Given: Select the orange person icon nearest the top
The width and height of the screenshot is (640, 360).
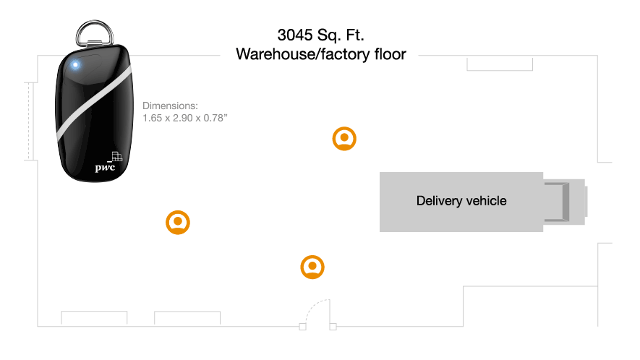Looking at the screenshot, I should pyautogui.click(x=344, y=138).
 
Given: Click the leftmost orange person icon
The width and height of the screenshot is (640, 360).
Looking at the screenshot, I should pyautogui.click(x=178, y=223).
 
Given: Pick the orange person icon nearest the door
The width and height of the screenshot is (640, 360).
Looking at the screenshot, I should pyautogui.click(x=312, y=267).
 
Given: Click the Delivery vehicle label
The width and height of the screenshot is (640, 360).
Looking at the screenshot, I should pyautogui.click(x=461, y=201).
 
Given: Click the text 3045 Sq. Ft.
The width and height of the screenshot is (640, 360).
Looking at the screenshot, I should pyautogui.click(x=320, y=35).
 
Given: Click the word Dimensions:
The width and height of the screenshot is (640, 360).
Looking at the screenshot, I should pyautogui.click(x=169, y=106).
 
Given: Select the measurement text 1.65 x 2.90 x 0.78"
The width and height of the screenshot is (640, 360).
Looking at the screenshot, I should pyautogui.click(x=186, y=117).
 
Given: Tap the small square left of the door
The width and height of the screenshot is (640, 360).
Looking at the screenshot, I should pyautogui.click(x=302, y=327).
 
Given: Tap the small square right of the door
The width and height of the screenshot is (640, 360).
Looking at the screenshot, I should pyautogui.click(x=333, y=327).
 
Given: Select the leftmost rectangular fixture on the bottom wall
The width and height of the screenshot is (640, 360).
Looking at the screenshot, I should pyautogui.click(x=94, y=318).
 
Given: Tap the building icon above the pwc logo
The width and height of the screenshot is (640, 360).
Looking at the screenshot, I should pyautogui.click(x=116, y=156).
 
